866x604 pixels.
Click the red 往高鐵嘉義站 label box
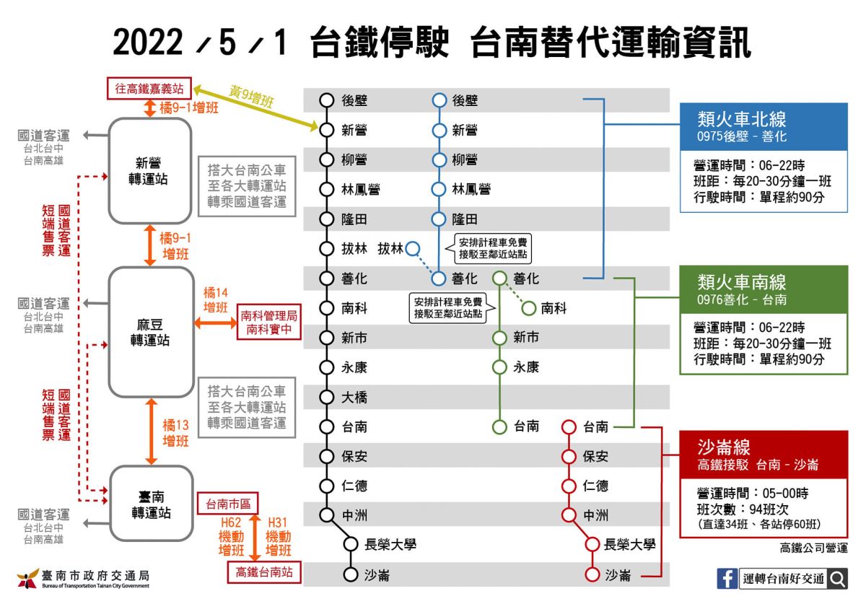click(x=149, y=89)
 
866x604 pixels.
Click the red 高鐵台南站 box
click(x=264, y=572)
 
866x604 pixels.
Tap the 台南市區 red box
click(x=228, y=504)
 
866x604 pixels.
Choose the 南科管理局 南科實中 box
click(x=269, y=322)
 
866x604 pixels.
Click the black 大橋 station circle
click(x=327, y=397)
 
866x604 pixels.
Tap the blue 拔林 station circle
click(x=413, y=248)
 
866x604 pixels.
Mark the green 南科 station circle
click(x=528, y=308)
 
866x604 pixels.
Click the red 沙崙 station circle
click(x=592, y=574)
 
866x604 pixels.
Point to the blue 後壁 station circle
click(x=439, y=100)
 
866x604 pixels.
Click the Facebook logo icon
click(x=727, y=579)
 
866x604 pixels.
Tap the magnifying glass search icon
click(x=837, y=579)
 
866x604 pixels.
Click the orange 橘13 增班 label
click(x=175, y=433)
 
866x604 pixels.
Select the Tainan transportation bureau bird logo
click(x=28, y=579)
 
